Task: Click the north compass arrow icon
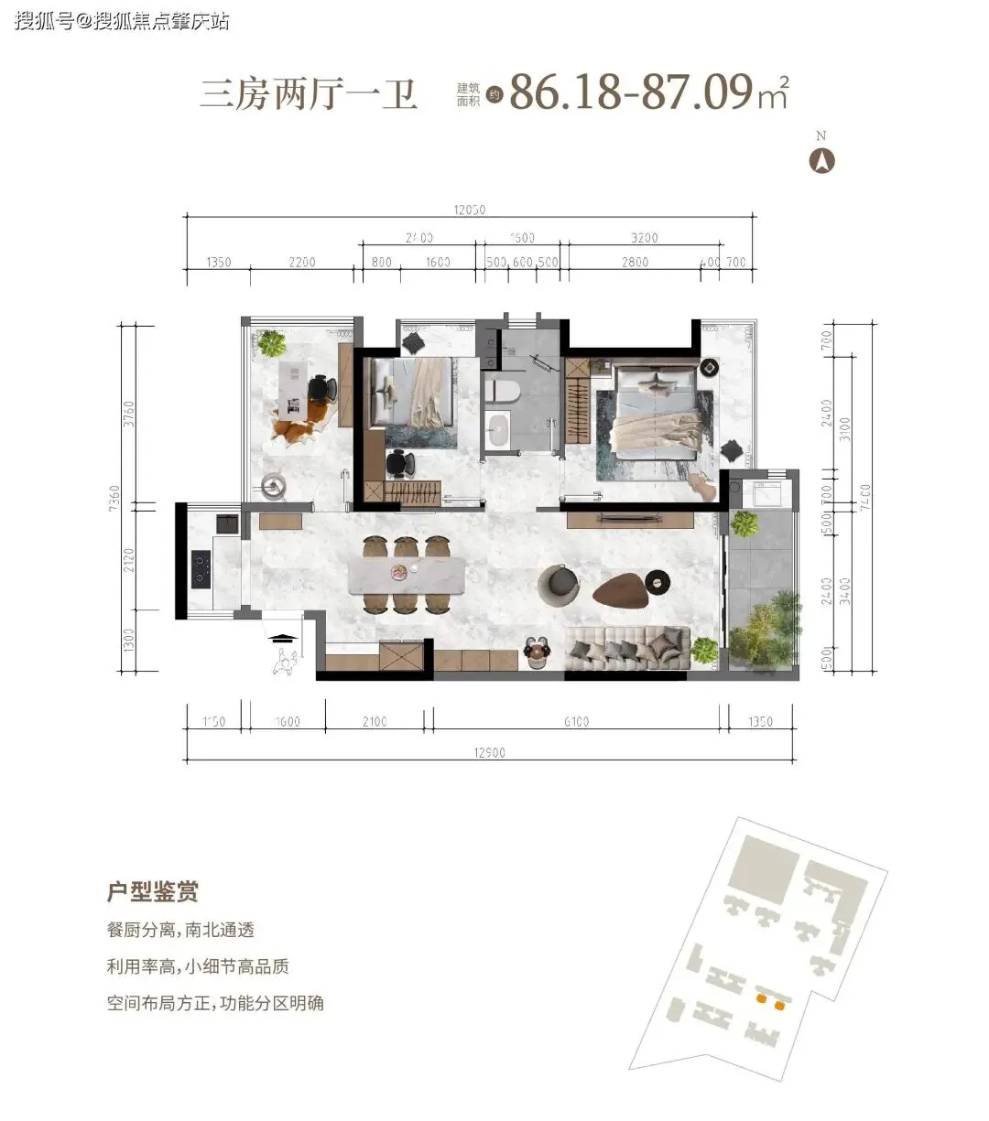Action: coord(821,161)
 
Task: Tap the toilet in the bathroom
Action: coord(503,392)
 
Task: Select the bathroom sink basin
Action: coord(499,430)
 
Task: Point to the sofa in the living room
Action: coord(625,648)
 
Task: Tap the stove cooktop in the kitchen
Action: coord(201,568)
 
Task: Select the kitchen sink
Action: coord(226,524)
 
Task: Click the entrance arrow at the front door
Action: coord(284,637)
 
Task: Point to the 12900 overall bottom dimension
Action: coord(490,753)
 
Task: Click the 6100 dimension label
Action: coord(576,722)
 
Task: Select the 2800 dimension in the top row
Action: coord(634,263)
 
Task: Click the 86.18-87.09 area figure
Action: coord(631,92)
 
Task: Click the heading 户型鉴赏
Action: coord(153,890)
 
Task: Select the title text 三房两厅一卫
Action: coord(309,95)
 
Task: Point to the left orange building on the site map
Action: coord(760,999)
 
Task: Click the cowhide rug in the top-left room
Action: coord(295,427)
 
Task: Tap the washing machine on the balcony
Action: coord(765,494)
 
